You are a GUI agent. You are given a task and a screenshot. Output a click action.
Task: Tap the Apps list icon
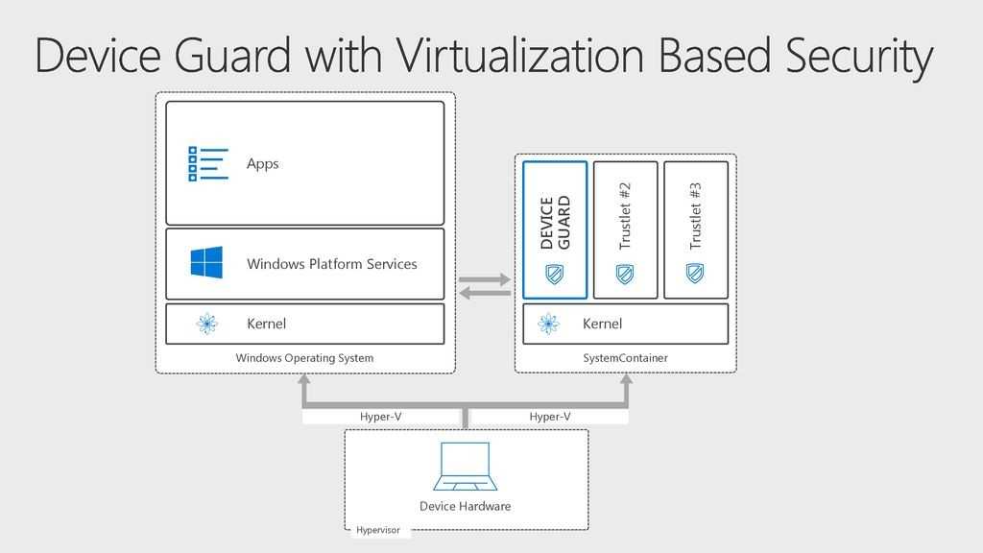pos(208,163)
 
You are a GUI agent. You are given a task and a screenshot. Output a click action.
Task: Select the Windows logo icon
pos(206,262)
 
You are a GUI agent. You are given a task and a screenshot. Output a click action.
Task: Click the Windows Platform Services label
pos(331,264)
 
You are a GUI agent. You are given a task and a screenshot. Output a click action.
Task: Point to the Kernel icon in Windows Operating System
pos(206,324)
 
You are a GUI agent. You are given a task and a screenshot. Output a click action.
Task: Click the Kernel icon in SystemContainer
pos(548,324)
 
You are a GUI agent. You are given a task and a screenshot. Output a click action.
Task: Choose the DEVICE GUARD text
pos(555,224)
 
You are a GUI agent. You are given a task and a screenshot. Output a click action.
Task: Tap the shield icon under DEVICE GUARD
pos(555,274)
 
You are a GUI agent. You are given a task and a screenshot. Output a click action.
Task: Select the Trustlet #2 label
pos(625,217)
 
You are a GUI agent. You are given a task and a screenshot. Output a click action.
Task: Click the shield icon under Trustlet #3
pos(695,274)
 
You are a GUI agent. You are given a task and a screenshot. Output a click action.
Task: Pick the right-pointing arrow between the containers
pos(485,279)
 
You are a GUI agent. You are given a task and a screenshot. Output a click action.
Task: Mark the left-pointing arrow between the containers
pos(485,293)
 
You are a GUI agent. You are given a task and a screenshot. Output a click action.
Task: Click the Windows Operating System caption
pos(304,358)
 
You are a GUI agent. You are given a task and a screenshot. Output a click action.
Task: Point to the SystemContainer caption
pos(625,358)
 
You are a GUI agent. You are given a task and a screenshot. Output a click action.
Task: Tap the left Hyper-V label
pos(380,417)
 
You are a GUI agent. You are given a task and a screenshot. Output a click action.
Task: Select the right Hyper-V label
pos(550,417)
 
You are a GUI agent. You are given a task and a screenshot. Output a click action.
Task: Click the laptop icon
pos(465,467)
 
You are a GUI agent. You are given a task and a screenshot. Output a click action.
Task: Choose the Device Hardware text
pos(465,506)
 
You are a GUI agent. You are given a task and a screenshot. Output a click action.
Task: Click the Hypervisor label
pos(378,530)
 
